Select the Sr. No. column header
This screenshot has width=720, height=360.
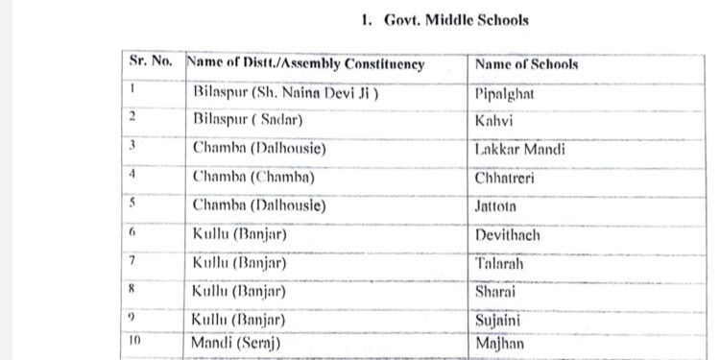(151, 62)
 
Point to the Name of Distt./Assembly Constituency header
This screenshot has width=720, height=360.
(305, 64)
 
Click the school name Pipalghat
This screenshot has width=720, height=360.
(504, 94)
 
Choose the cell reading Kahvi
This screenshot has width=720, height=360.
(493, 122)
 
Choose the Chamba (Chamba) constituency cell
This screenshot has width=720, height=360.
(254, 178)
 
